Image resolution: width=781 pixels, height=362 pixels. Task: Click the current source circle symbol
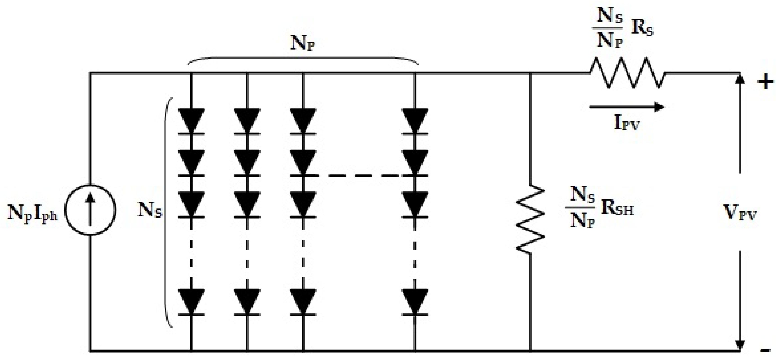click(90, 210)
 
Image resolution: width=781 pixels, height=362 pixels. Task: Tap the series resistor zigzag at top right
click(628, 73)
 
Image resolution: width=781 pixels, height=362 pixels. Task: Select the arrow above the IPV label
click(626, 107)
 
